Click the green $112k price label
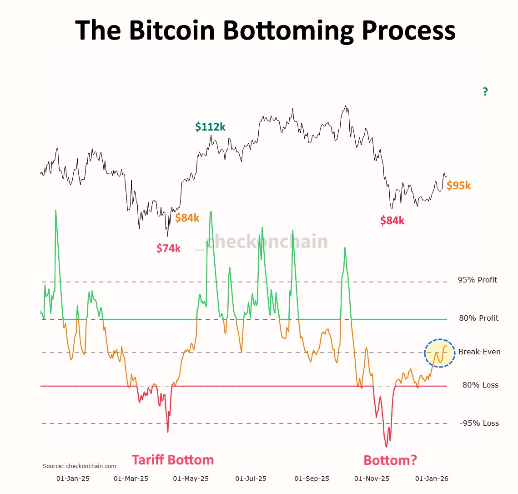[x=210, y=127]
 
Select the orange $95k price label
[x=458, y=186]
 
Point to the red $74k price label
[x=168, y=248]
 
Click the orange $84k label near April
[x=187, y=218]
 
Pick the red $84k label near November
[x=392, y=221]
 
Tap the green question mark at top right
[x=485, y=92]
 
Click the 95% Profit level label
[x=478, y=280]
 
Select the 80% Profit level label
[x=478, y=318]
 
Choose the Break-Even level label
[x=479, y=352]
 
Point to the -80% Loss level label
[x=479, y=385]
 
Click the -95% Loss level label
[x=479, y=423]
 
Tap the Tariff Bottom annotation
[x=173, y=460]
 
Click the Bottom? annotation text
[x=390, y=460]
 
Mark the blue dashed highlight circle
[x=439, y=353]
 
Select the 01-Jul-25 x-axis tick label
[x=251, y=479]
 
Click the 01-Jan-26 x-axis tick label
[x=432, y=479]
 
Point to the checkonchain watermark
[x=267, y=242]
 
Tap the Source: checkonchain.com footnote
[x=80, y=466]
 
